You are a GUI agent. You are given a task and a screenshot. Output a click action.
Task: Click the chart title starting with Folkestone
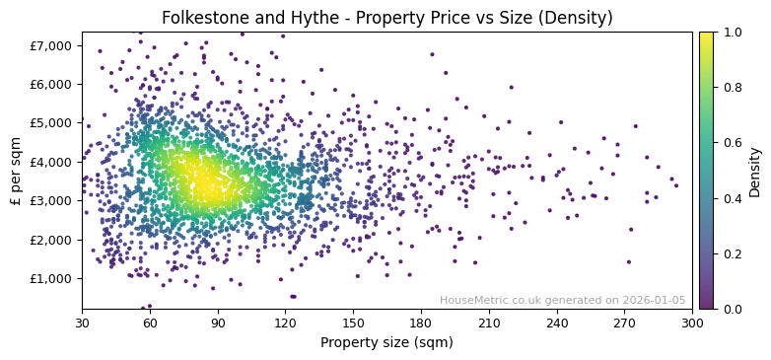coord(386,18)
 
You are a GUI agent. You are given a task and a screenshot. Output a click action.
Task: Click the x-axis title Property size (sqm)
coord(386,342)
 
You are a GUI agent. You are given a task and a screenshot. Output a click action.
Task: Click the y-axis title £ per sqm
coord(16,170)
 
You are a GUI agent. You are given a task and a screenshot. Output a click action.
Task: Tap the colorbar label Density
coord(754,171)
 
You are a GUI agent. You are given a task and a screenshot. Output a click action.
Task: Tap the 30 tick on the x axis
coord(82,323)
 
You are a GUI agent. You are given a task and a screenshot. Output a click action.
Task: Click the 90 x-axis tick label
coord(218,323)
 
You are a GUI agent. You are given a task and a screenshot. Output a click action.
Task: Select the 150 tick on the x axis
coord(353,323)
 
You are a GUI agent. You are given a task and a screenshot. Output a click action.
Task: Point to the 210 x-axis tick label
coord(489,323)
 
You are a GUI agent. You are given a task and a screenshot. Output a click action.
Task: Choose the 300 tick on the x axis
coord(692,323)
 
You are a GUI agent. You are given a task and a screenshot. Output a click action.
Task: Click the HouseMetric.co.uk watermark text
coord(562,300)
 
